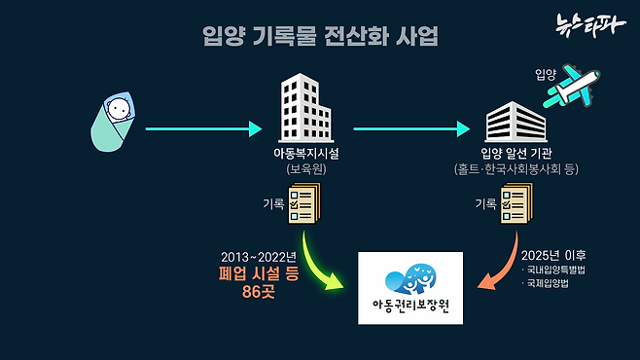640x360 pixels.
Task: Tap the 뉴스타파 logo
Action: (x=590, y=24)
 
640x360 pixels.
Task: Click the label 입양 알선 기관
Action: (x=516, y=153)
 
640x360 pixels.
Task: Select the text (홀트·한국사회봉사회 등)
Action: (x=516, y=168)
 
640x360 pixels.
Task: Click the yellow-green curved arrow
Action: (x=322, y=261)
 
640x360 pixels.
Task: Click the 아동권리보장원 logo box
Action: (x=411, y=288)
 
